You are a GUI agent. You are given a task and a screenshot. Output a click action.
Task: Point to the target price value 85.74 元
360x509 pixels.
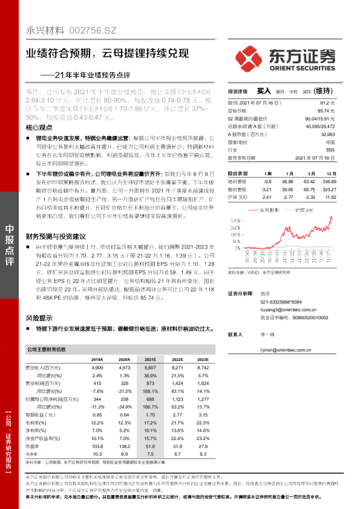[x=326, y=111]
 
